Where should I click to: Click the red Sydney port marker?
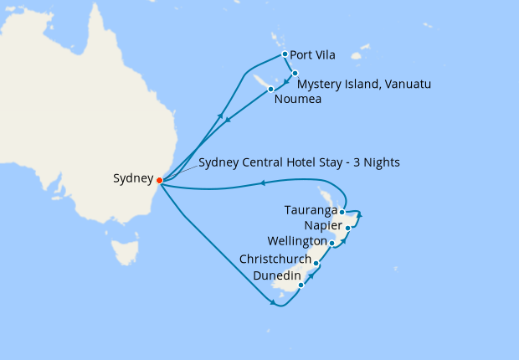pyautogui.click(x=159, y=179)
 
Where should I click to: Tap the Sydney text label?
pyautogui.click(x=133, y=178)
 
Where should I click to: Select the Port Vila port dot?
pyautogui.click(x=285, y=55)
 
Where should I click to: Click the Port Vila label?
pyautogui.click(x=312, y=56)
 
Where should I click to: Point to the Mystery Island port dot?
pyautogui.click(x=295, y=73)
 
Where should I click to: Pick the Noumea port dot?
pyautogui.click(x=270, y=89)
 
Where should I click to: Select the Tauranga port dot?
pyautogui.click(x=342, y=212)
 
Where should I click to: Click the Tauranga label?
pyautogui.click(x=311, y=210)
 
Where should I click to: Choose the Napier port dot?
pyautogui.click(x=347, y=228)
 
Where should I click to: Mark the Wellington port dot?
pyautogui.click(x=332, y=244)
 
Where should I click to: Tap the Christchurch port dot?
pyautogui.click(x=316, y=263)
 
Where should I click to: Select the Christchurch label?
pyautogui.click(x=275, y=260)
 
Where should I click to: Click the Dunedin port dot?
pyautogui.click(x=301, y=285)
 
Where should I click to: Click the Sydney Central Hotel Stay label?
pyautogui.click(x=299, y=162)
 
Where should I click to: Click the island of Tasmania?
pyautogui.click(x=125, y=250)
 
